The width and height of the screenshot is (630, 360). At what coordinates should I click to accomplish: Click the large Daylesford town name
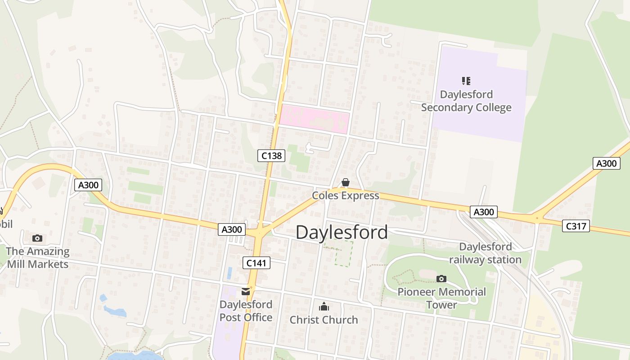(x=342, y=232)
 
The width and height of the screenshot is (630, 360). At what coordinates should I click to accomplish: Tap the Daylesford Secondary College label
(x=466, y=101)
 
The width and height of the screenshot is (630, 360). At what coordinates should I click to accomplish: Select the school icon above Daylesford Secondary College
(x=466, y=81)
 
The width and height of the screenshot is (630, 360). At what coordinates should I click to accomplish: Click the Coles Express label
(x=346, y=196)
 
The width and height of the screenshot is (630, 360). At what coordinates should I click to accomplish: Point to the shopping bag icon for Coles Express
(x=346, y=182)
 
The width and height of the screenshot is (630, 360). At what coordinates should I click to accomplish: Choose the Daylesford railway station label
(x=485, y=253)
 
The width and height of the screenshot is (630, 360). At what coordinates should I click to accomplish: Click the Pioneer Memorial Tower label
(x=441, y=298)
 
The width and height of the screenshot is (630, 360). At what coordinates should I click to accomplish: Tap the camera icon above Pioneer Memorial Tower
(x=441, y=279)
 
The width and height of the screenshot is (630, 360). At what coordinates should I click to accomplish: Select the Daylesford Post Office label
(x=246, y=311)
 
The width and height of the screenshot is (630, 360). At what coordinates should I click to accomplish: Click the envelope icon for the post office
(x=246, y=292)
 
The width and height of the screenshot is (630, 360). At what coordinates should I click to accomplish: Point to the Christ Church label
(x=324, y=320)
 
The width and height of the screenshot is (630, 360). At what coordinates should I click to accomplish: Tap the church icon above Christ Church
(x=324, y=307)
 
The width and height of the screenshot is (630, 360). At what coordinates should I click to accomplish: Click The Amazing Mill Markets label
(x=37, y=258)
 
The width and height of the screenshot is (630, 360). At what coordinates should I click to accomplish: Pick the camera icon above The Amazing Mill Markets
(x=37, y=238)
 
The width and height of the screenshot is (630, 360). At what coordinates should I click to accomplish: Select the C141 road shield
(x=256, y=263)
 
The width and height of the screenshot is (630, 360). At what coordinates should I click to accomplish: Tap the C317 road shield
(x=576, y=226)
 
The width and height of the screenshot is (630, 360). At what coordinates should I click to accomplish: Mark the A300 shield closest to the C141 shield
(x=232, y=229)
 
